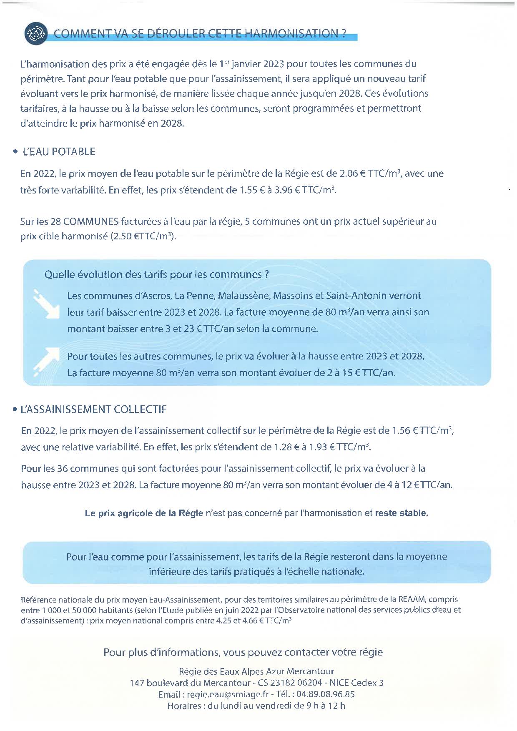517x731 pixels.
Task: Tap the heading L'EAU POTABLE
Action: [x=59, y=152]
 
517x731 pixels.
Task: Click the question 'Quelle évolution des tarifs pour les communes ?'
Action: [x=156, y=275]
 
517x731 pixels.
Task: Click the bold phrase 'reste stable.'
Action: [x=402, y=513]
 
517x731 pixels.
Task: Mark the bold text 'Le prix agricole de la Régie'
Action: [x=144, y=513]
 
